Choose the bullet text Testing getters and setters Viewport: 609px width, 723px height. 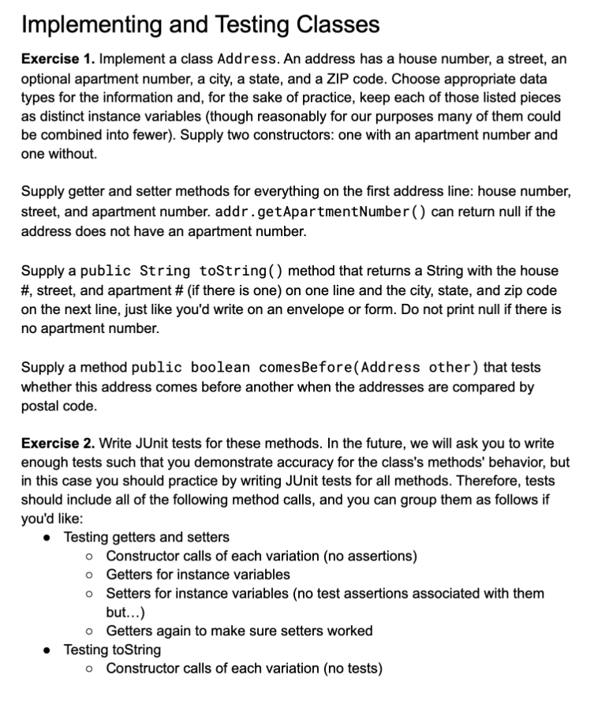click(x=146, y=538)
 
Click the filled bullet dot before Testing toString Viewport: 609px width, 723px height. click(x=50, y=650)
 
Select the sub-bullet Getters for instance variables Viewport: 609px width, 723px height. click(x=198, y=575)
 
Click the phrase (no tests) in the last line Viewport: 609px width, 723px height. click(x=349, y=669)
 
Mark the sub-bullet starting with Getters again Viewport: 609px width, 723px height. click(x=239, y=631)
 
